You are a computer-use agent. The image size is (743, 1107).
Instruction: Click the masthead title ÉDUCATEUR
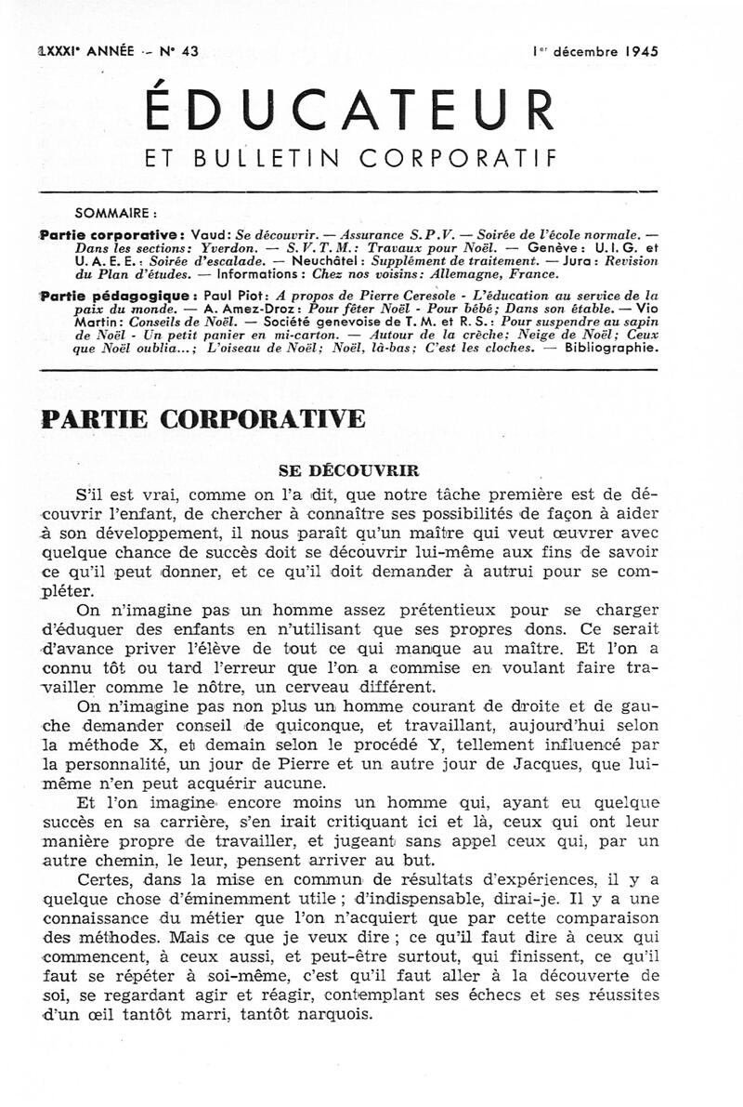coord(351,110)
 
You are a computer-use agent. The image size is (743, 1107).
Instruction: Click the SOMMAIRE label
coord(116,211)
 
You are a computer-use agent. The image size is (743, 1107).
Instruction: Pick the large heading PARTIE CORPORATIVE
coord(203,419)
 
